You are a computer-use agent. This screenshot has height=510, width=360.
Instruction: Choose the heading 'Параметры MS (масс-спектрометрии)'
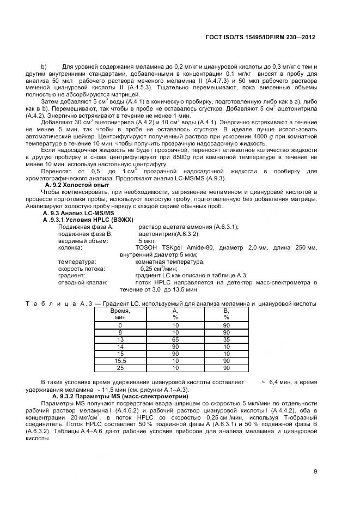coord(108,396)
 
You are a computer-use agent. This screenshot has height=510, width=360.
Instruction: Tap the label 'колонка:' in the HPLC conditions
coord(70,247)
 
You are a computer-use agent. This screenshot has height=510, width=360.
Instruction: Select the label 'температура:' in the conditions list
coord(77,262)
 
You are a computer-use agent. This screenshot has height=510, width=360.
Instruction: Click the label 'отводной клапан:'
coord(82,282)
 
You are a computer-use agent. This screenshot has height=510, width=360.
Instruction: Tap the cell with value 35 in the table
coord(226,339)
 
